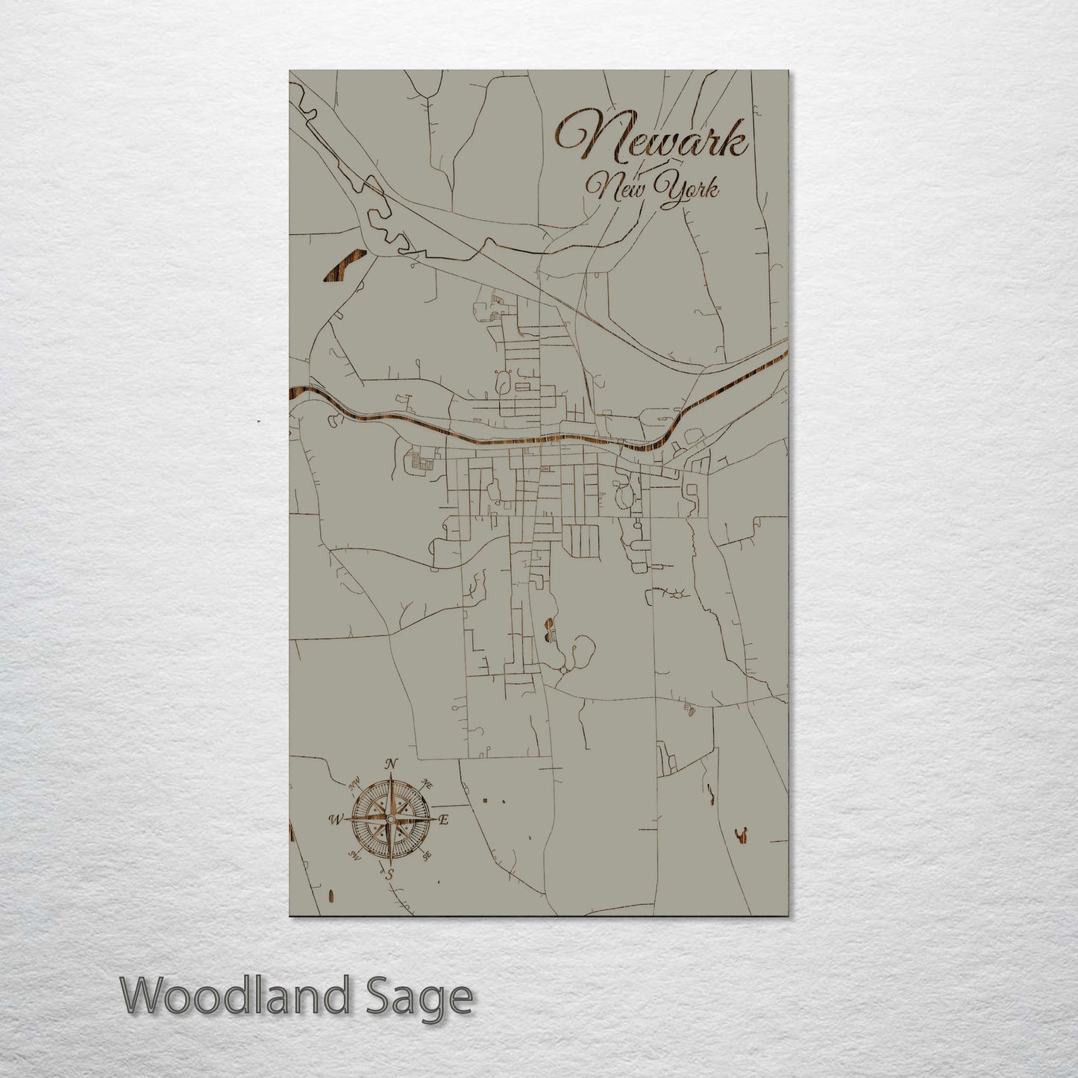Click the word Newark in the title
pos(651,140)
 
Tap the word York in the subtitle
pos(691,189)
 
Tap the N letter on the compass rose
pos(389,764)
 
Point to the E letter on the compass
pos(443,821)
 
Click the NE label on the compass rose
pos(427,783)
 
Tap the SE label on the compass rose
pos(427,857)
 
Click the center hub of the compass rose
pos(388,819)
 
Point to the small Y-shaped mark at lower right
pos(742,836)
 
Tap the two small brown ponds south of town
pos(550,628)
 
